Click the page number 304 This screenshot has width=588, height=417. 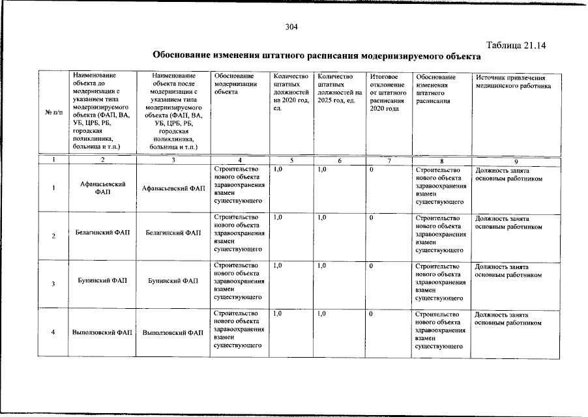[x=291, y=27]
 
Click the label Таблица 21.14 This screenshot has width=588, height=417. [x=516, y=45]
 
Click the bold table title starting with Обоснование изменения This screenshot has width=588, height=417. [x=312, y=56]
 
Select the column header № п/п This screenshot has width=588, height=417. [x=53, y=113]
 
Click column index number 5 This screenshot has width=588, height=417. [x=291, y=160]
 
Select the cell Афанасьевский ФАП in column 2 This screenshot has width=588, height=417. [x=103, y=189]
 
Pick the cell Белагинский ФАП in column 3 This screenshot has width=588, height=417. [x=173, y=233]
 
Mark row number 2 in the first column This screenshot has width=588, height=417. [x=53, y=236]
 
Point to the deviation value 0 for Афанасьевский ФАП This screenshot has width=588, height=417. [x=371, y=170]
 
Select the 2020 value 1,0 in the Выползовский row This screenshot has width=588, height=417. [x=278, y=314]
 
